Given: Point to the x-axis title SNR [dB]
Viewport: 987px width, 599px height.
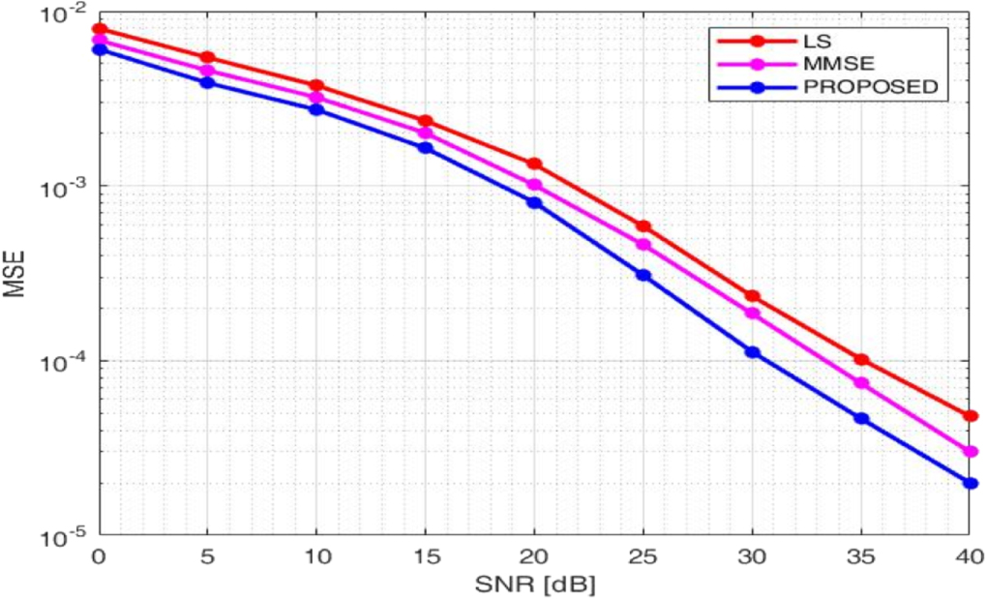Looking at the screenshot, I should [x=534, y=584].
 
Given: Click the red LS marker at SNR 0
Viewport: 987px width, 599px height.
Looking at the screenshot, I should [x=99, y=29].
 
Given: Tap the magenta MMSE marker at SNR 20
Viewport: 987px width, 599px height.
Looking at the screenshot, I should [x=534, y=185].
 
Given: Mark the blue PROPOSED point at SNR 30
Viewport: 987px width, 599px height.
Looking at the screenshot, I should [x=752, y=352].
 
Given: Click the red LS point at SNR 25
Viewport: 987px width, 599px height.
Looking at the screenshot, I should [x=643, y=226].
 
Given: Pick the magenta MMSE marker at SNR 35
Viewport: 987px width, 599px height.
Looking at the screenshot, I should [x=861, y=383].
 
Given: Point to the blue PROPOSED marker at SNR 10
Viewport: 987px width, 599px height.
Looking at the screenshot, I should [x=316, y=109].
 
